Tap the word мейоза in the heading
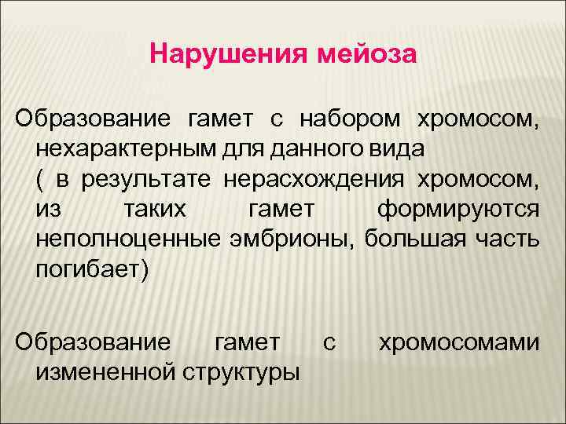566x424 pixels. (x=366, y=56)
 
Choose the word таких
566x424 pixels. (x=155, y=210)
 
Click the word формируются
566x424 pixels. (x=458, y=210)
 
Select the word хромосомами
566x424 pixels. (x=460, y=342)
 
